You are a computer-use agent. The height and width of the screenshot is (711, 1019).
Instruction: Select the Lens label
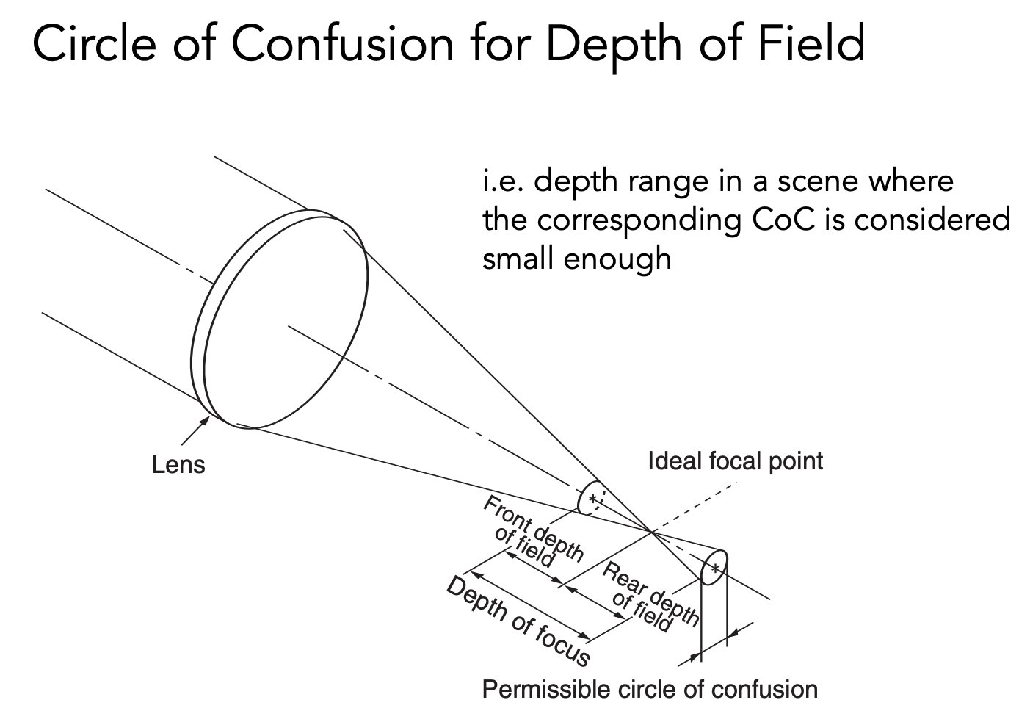[x=178, y=465]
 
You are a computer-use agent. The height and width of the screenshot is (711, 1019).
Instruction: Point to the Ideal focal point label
[x=735, y=461]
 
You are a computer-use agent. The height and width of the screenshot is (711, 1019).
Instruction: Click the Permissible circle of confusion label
[x=649, y=690]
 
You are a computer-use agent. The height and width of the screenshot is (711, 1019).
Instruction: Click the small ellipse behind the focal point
[x=714, y=567]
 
